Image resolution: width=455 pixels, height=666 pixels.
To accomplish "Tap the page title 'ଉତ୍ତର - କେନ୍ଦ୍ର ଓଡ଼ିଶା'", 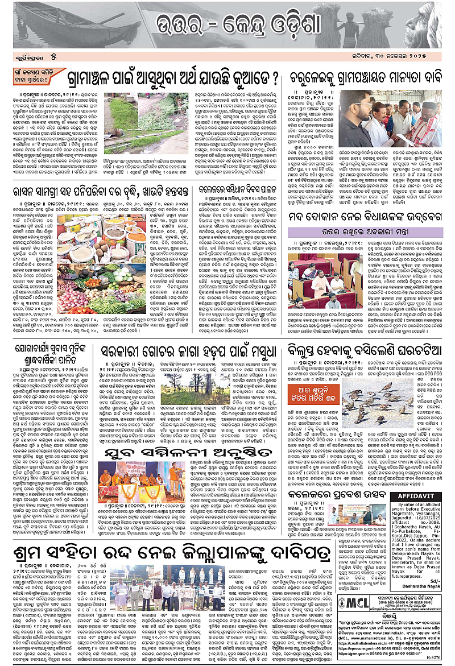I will [x=227, y=26].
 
